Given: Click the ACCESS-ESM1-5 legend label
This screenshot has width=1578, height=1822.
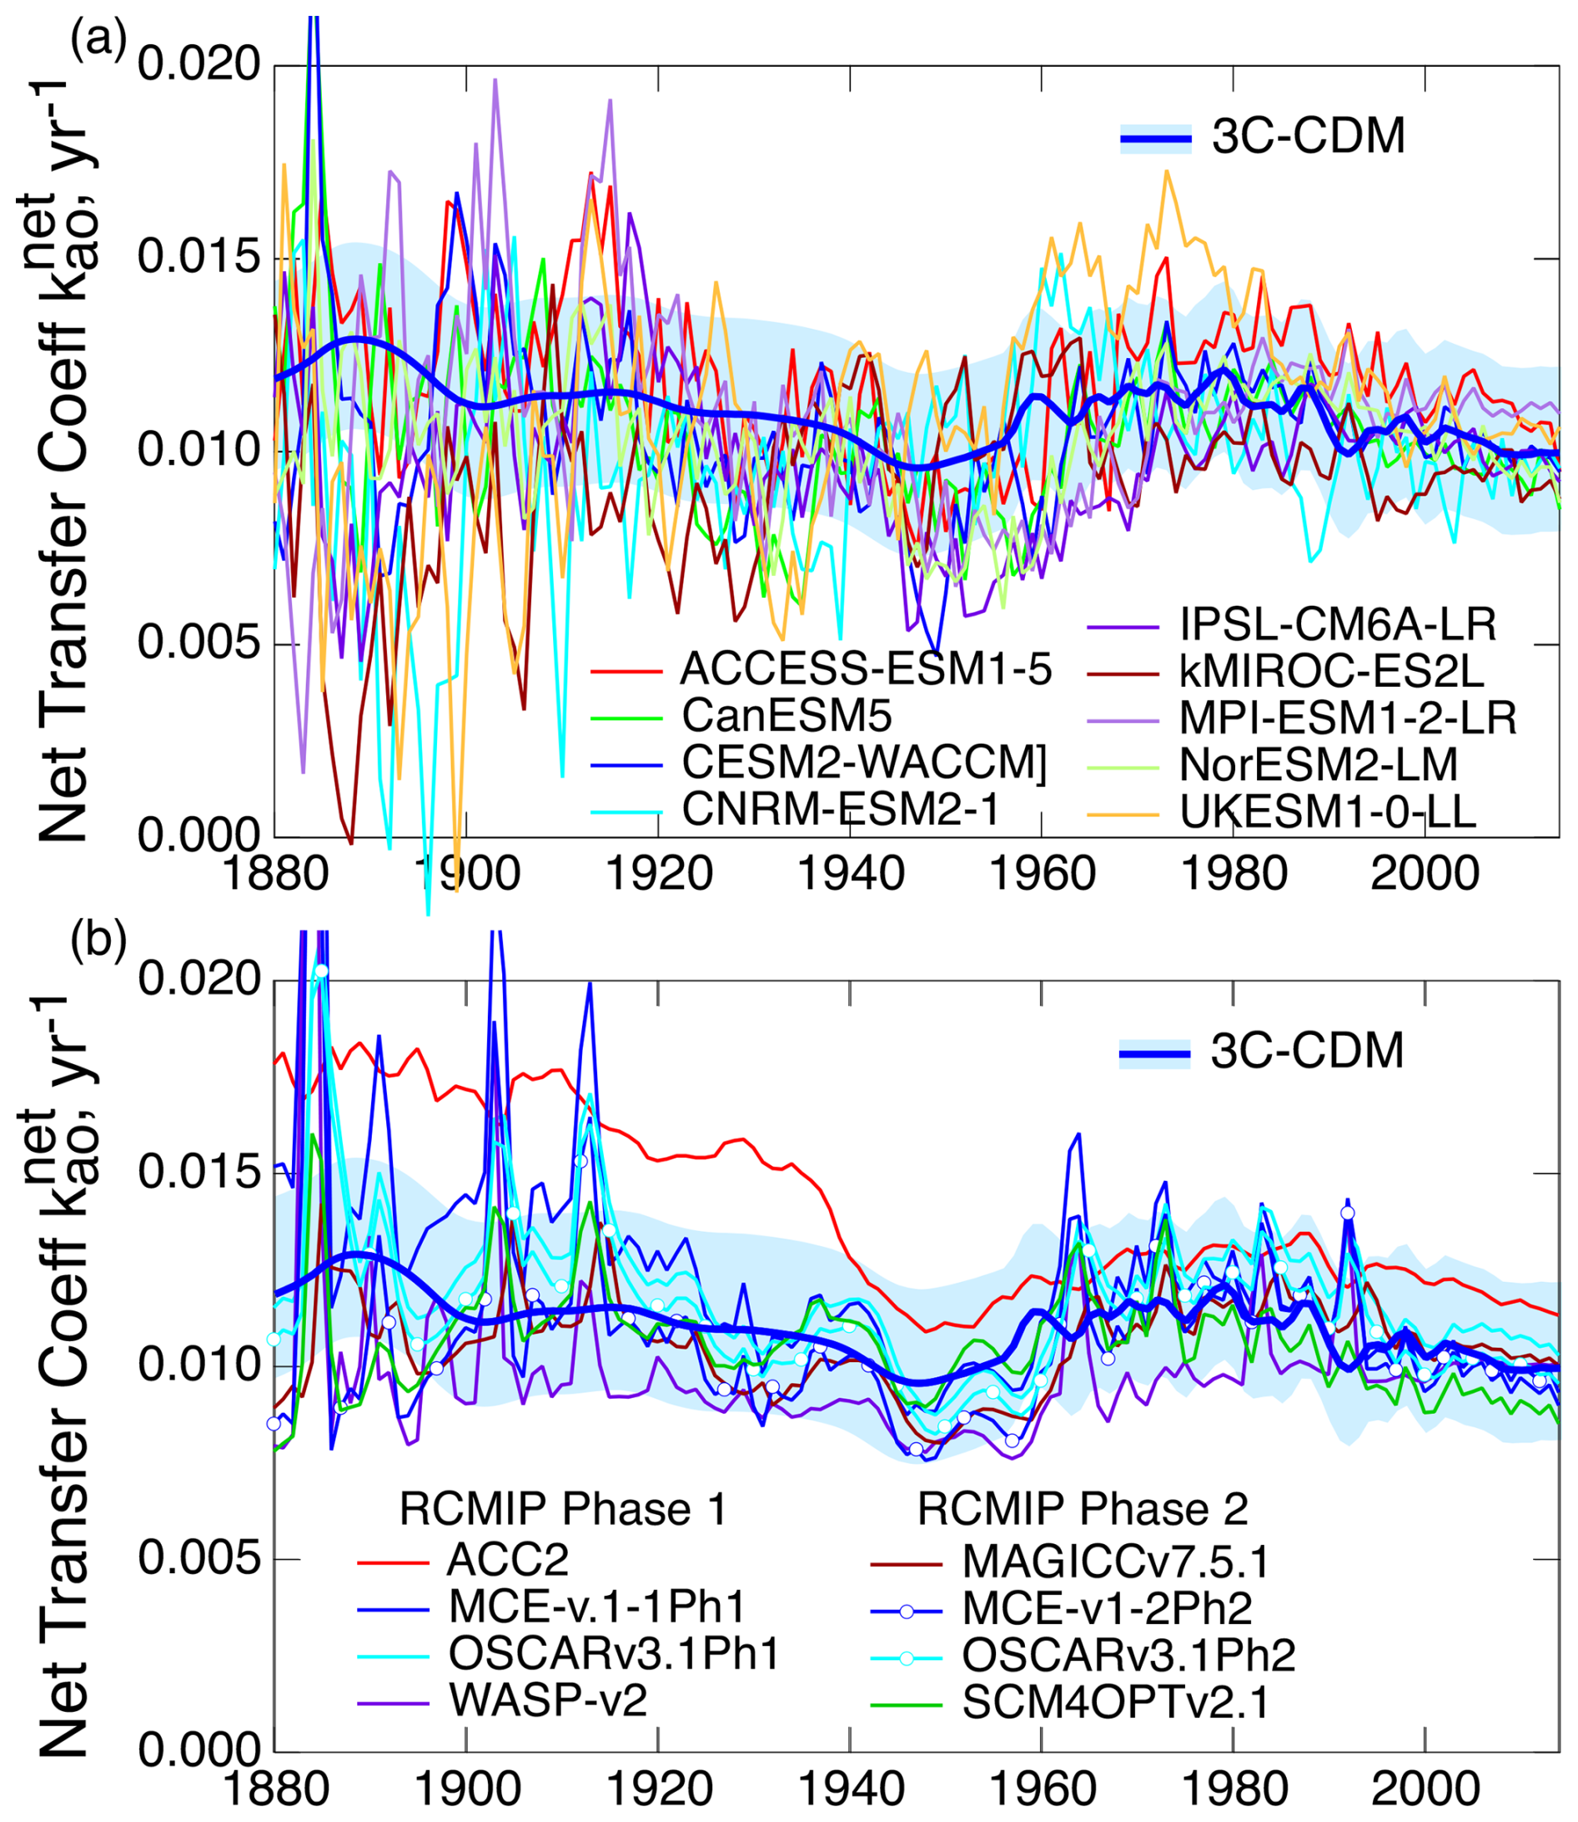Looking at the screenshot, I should (x=866, y=670).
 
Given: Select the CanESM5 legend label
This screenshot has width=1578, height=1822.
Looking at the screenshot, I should (x=786, y=716).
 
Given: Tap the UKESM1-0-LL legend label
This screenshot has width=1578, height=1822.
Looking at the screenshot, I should (x=1327, y=811).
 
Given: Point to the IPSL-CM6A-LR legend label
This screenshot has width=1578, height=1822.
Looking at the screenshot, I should (x=1338, y=624).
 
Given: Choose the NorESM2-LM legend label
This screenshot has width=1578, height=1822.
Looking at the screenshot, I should (x=1319, y=764).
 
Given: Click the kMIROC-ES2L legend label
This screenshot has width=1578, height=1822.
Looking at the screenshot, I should (x=1331, y=671).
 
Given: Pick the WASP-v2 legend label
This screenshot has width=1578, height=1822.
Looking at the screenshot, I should (x=547, y=1698).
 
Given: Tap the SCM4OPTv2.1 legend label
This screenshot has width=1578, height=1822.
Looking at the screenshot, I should (x=1116, y=1701).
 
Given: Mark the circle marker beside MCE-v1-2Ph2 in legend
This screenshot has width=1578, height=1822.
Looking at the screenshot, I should (x=906, y=1611).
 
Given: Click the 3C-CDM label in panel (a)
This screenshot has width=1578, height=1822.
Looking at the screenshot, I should (x=1309, y=137).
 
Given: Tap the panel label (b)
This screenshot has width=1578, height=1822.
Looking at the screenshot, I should (x=98, y=939).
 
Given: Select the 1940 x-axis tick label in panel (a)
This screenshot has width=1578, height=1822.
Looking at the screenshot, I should (x=850, y=874).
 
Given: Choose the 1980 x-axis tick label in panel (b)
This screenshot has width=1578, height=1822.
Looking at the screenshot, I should (x=1234, y=1789).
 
